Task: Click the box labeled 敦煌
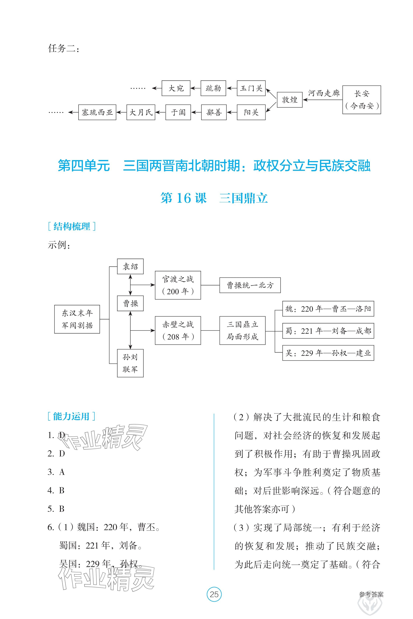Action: (290, 100)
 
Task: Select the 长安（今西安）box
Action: (362, 100)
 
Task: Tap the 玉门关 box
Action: (251, 88)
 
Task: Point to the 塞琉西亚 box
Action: (97, 112)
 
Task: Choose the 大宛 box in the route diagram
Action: (176, 88)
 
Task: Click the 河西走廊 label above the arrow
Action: (324, 93)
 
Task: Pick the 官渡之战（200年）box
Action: (178, 285)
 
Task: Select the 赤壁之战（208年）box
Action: (178, 330)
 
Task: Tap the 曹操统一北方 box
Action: (250, 285)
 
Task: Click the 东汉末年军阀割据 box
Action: (77, 319)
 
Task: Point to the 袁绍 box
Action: (130, 266)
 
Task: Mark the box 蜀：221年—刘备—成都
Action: (328, 331)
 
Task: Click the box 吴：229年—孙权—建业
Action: (328, 353)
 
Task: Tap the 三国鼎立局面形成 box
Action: (242, 330)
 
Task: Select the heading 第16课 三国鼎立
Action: (214, 198)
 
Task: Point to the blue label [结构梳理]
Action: (72, 226)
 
